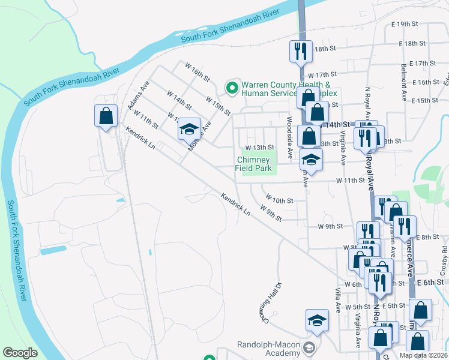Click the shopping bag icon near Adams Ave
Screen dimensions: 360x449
click(x=106, y=115)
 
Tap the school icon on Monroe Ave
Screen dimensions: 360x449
click(x=189, y=128)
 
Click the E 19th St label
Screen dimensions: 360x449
click(x=403, y=24)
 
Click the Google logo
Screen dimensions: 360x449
click(x=20, y=353)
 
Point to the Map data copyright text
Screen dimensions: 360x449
click(x=423, y=355)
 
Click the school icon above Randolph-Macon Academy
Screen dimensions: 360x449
click(x=317, y=321)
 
